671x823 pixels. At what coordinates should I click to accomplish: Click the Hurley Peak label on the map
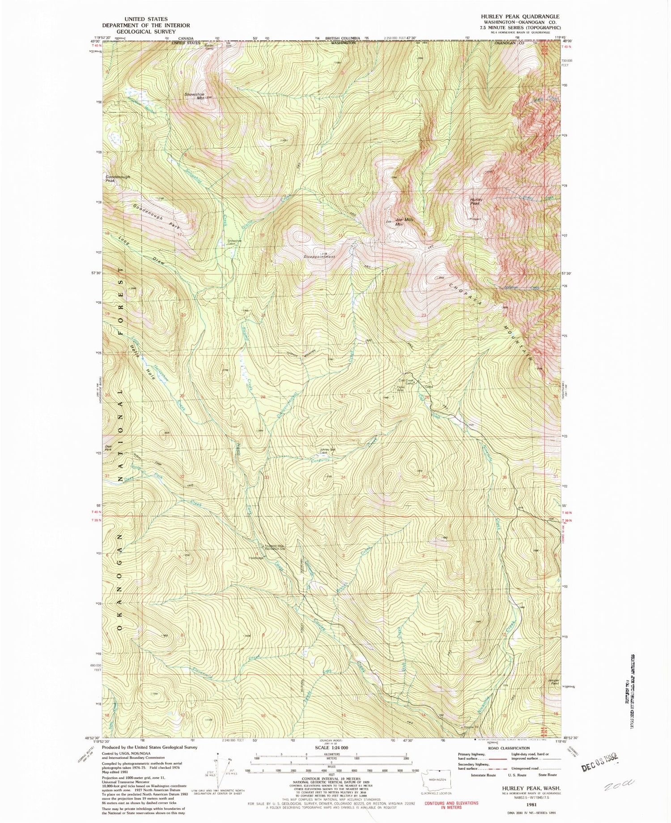point(475,201)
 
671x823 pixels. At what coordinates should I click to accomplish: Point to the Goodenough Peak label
point(118,178)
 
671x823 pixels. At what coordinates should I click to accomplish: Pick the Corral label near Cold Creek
point(429,386)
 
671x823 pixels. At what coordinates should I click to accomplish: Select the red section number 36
point(505,477)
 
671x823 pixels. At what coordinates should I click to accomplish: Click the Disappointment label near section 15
point(320,257)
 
